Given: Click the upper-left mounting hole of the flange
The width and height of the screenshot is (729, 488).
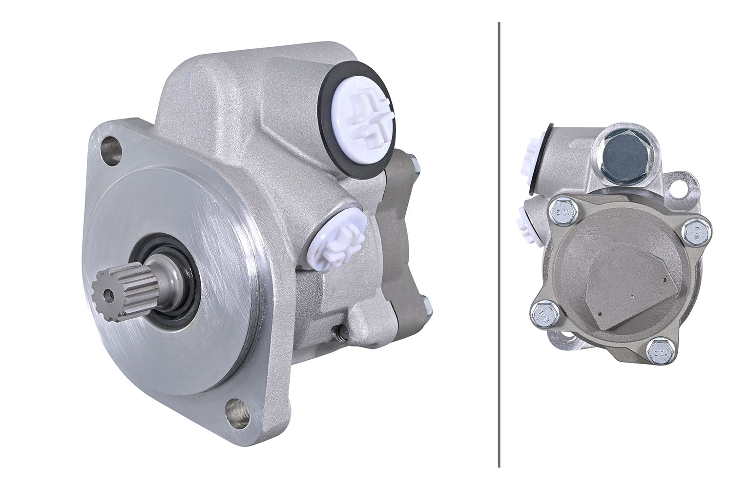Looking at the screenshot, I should coord(111,149).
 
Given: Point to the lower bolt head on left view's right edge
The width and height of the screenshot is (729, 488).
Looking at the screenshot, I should coord(427,305).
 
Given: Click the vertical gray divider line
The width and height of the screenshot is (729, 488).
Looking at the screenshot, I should coord(499,244).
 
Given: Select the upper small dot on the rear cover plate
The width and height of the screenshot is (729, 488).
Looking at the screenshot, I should coord(666,280).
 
